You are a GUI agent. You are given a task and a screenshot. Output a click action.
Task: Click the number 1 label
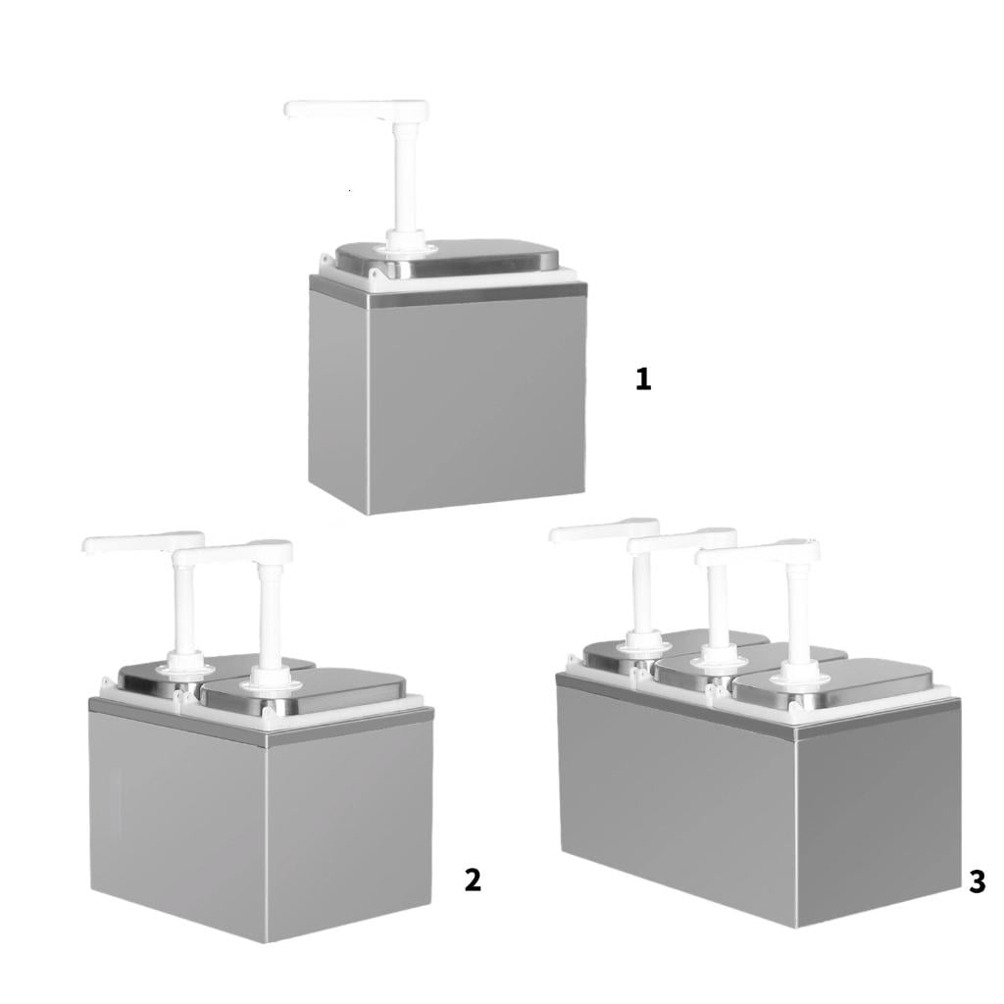pos(643,378)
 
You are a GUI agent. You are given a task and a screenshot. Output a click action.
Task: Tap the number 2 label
pos(473,879)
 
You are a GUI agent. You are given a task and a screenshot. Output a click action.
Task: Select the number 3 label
pos(978,881)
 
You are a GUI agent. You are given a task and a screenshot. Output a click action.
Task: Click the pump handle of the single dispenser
pos(356,110)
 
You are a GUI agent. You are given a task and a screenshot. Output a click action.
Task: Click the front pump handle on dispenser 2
pos(231,553)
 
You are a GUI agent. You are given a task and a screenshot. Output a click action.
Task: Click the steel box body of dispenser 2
pos(262,820)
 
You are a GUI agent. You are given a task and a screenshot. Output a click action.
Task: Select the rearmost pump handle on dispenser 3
pos(603,530)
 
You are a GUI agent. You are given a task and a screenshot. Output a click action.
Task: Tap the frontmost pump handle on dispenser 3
pos(758,551)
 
